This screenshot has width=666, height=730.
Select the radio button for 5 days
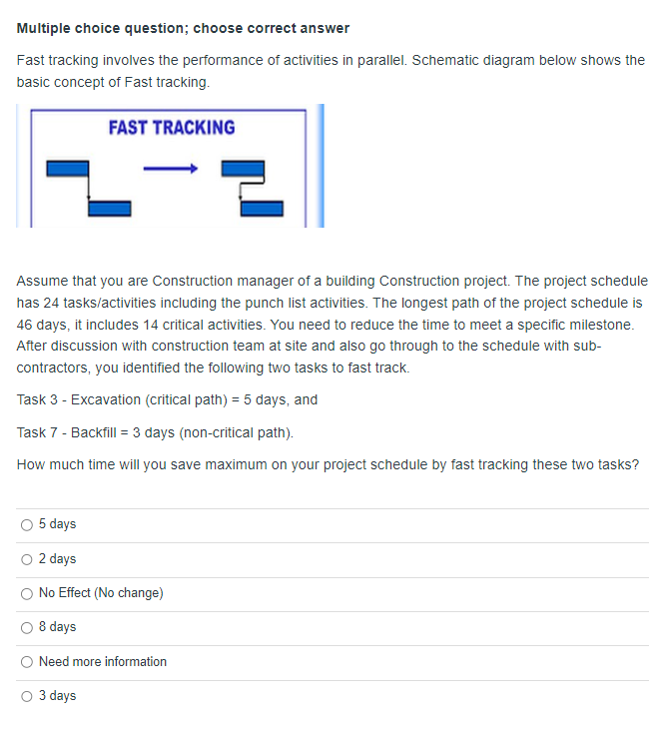(27, 524)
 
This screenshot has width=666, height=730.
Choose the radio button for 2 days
(27, 559)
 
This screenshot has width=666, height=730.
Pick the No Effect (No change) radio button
(27, 593)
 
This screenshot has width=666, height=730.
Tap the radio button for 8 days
(27, 627)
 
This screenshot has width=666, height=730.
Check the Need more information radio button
(27, 662)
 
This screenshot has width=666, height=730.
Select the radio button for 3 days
(27, 696)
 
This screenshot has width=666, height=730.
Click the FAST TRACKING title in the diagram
(171, 128)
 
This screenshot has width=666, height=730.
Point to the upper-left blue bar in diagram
(69, 169)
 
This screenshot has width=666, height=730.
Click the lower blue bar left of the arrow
(110, 208)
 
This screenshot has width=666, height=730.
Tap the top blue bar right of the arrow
(242, 169)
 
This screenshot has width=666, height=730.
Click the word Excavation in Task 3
(108, 399)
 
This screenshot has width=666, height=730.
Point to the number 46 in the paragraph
(26, 325)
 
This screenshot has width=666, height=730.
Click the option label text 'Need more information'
(103, 662)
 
